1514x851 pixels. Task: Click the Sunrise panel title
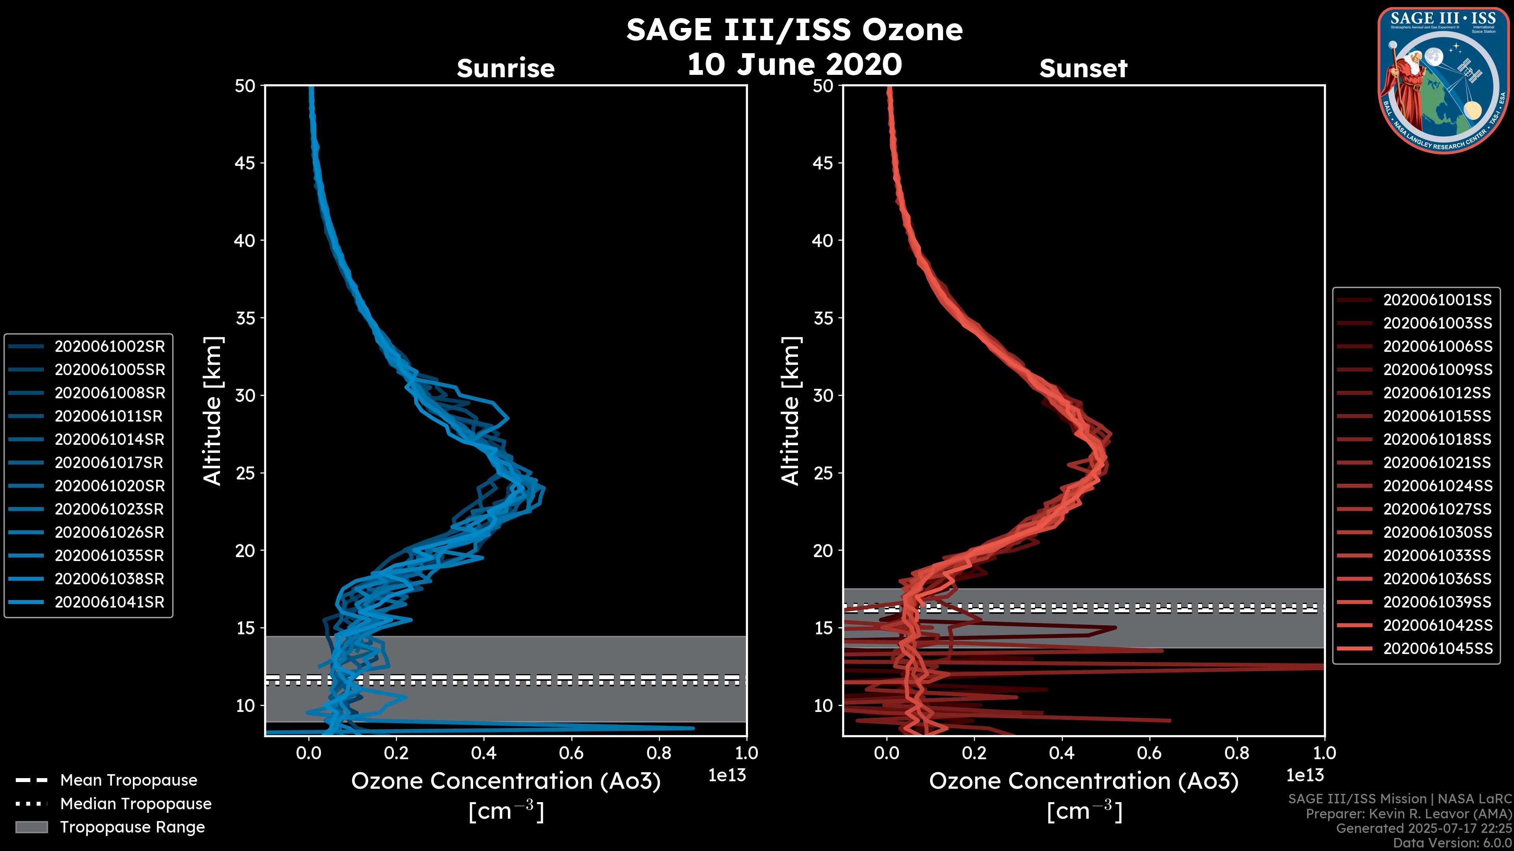point(505,68)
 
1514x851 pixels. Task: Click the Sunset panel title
point(1083,68)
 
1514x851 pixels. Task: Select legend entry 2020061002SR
point(109,347)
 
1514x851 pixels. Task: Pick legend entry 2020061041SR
point(109,602)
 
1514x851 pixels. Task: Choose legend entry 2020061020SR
point(109,486)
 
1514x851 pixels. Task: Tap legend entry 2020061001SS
point(1437,300)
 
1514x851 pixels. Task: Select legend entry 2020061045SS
point(1437,648)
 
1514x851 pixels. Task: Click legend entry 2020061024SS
point(1437,486)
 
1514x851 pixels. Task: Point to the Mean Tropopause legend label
point(129,780)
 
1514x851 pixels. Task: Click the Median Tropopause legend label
point(136,803)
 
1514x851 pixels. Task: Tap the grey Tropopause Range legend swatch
point(31,827)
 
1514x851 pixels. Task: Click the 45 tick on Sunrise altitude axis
point(245,163)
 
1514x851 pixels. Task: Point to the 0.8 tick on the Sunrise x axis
point(659,753)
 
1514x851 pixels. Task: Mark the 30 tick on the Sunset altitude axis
point(823,395)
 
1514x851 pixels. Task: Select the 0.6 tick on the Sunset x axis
point(1150,753)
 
